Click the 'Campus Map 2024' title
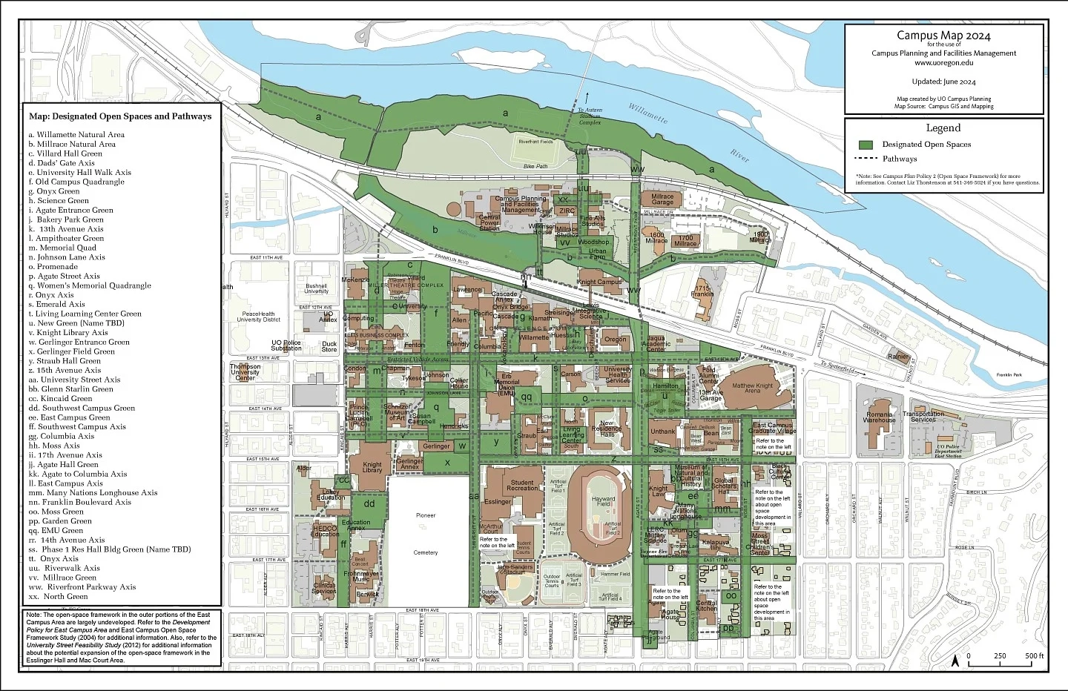point(943,35)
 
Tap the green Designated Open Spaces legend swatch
point(866,145)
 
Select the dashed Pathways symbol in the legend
point(866,159)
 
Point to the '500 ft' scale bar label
point(1034,656)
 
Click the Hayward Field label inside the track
point(603,502)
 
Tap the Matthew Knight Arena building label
point(752,389)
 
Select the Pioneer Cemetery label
point(426,534)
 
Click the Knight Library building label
point(372,468)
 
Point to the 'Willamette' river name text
point(648,113)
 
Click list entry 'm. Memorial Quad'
point(62,248)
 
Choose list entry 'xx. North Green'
point(59,596)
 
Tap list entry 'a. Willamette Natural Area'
point(76,135)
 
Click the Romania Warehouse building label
point(879,417)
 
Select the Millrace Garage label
point(662,199)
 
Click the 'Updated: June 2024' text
point(943,82)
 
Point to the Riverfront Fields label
point(535,142)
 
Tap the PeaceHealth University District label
point(259,317)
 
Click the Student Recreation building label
point(522,486)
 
